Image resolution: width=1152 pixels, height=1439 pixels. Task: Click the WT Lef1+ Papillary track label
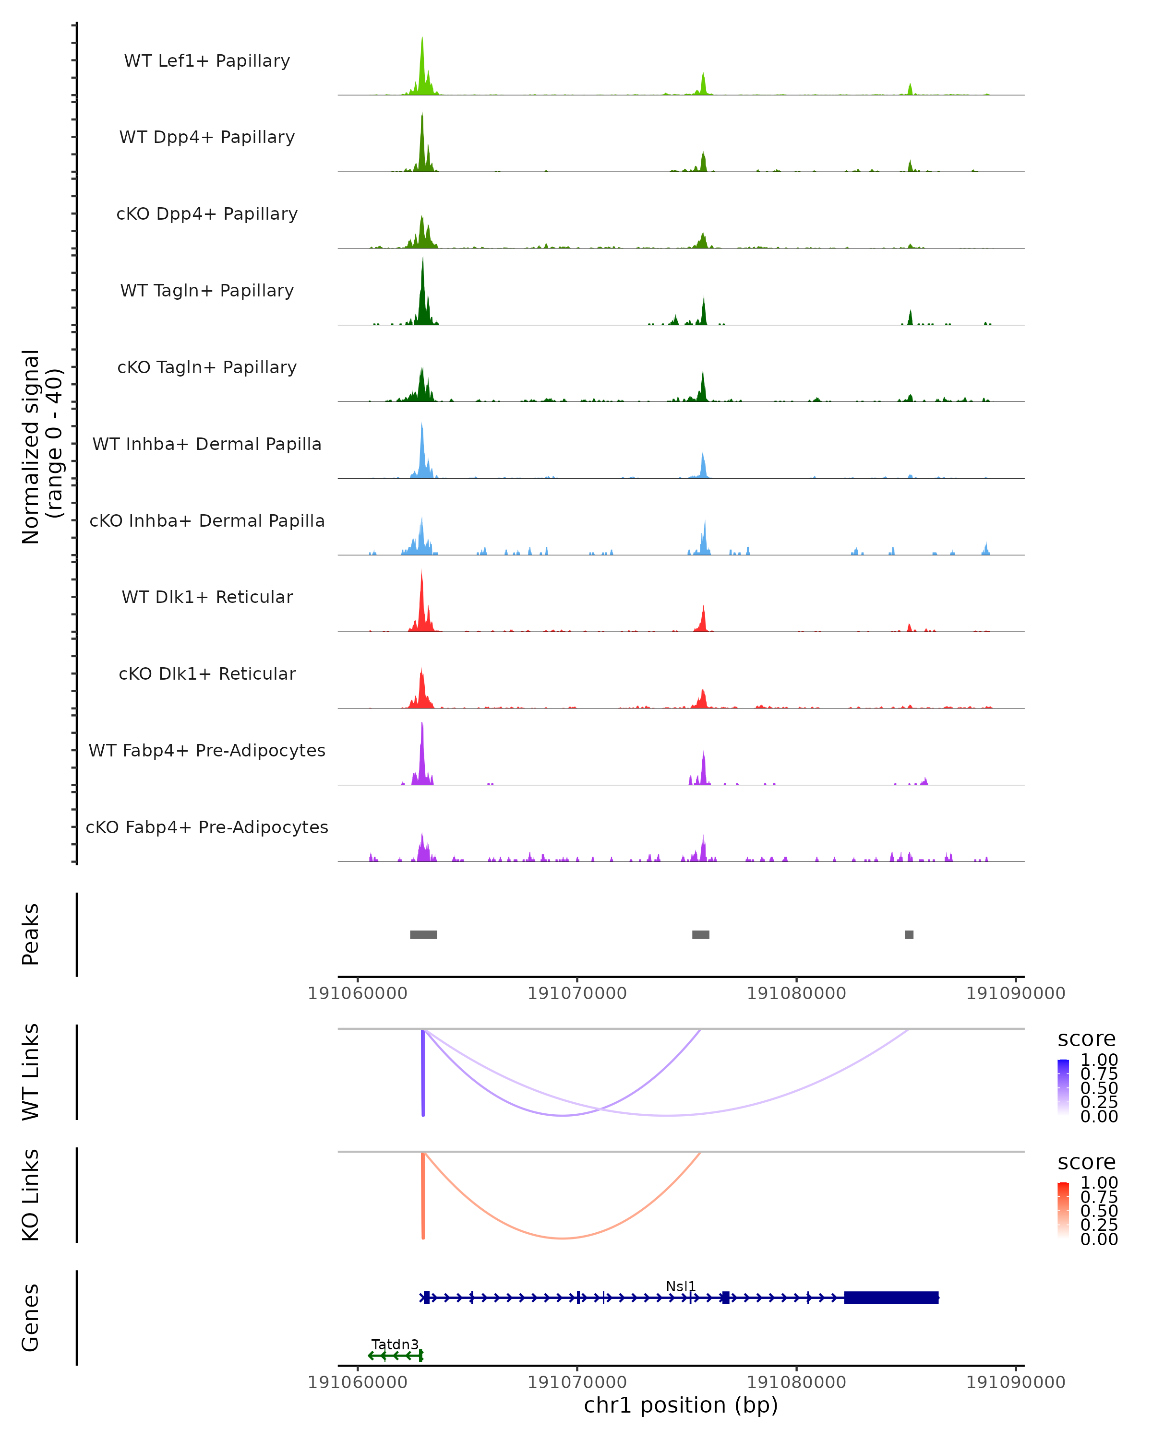point(207,61)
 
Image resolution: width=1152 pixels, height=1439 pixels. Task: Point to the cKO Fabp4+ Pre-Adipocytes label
point(207,827)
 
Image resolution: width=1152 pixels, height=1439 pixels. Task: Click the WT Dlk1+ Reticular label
point(207,597)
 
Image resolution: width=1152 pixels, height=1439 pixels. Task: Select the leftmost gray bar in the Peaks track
point(423,934)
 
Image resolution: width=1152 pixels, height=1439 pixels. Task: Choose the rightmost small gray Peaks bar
point(909,934)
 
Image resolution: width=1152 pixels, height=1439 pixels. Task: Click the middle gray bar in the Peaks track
point(700,934)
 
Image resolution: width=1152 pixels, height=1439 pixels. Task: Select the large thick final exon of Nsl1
point(891,1297)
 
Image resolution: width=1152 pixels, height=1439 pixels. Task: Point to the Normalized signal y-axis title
point(41,447)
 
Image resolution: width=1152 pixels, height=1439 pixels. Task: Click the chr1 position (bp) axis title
point(681,1405)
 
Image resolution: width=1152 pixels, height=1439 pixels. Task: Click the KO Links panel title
point(31,1195)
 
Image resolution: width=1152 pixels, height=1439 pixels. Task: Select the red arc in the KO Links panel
point(563,1238)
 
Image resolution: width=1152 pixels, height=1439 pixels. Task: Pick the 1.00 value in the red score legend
point(1099,1183)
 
